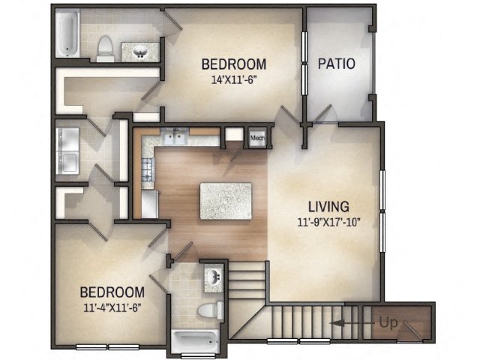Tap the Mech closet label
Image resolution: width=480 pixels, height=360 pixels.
tap(257, 138)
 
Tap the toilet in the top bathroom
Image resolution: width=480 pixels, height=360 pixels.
tap(106, 47)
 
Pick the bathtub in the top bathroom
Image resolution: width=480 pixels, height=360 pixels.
tap(67, 34)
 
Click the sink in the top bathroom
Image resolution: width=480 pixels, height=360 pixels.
tap(140, 52)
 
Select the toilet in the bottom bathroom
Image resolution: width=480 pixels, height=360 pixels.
tap(208, 310)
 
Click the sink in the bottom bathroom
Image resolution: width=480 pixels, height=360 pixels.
tap(214, 276)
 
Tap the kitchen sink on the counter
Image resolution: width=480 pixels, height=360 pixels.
tap(177, 136)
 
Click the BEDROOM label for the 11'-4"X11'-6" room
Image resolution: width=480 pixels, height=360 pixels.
tap(112, 292)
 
